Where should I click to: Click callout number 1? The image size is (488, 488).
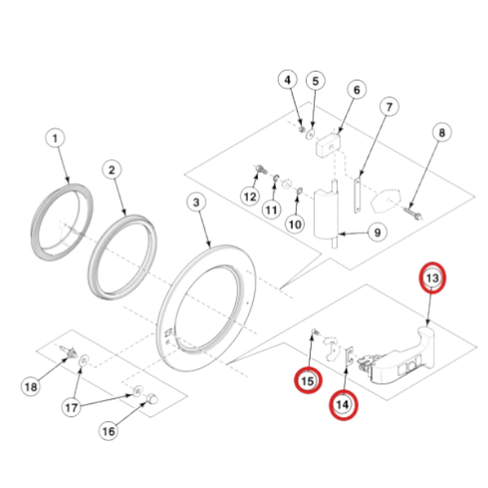click(55, 138)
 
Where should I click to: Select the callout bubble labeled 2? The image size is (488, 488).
click(111, 170)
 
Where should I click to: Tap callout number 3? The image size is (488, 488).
click(196, 203)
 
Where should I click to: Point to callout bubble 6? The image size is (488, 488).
click(357, 90)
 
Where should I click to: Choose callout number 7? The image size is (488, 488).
click(389, 107)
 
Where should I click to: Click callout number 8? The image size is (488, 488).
click(442, 133)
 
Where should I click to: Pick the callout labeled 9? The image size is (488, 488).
click(377, 233)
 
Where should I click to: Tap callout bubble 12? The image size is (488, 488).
click(250, 197)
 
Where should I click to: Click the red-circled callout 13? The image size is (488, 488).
click(433, 277)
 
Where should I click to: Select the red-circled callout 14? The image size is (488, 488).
click(343, 404)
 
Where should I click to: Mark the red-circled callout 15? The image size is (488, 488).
click(308, 381)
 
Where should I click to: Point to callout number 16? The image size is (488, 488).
click(108, 431)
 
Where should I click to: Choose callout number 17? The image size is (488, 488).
click(72, 407)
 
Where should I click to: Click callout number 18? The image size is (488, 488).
click(31, 387)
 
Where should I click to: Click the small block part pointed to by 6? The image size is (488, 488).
click(329, 144)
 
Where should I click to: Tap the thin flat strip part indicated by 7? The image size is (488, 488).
click(358, 195)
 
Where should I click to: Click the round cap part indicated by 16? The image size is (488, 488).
click(152, 399)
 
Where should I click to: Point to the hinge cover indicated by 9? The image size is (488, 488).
click(326, 215)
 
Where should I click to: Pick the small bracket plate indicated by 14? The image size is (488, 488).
click(349, 356)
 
